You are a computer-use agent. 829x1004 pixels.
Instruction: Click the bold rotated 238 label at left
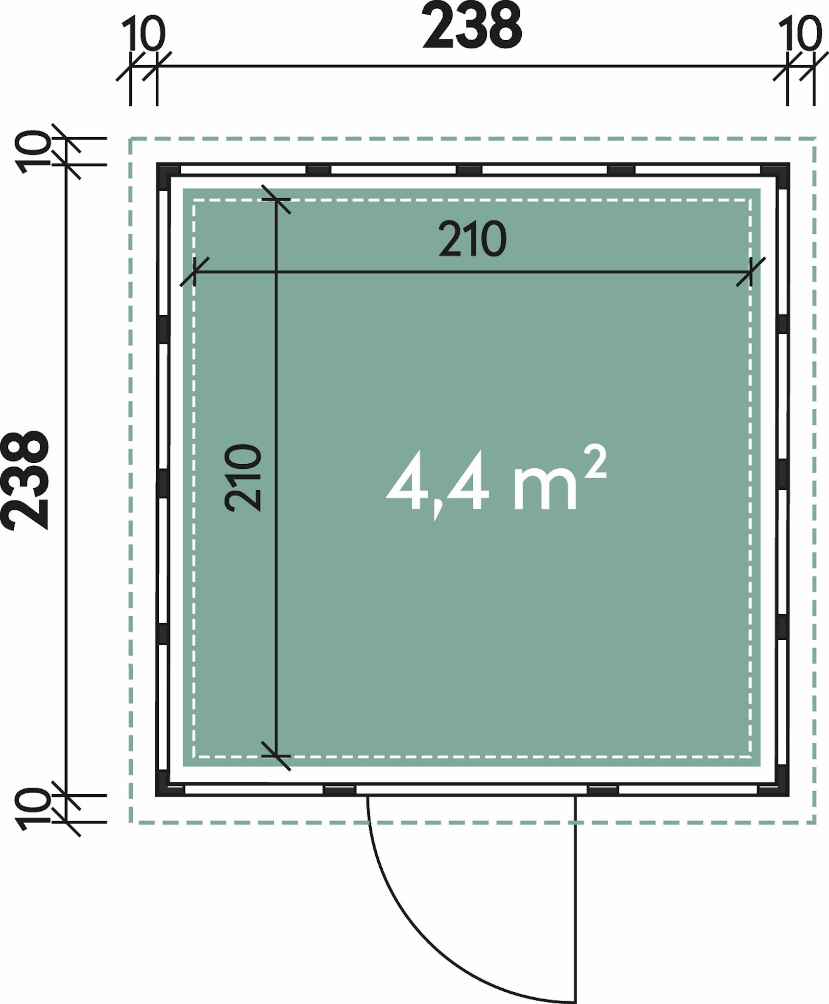click(x=25, y=480)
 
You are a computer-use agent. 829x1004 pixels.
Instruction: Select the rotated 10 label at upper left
click(x=33, y=151)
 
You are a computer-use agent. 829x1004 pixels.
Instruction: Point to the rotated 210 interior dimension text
click(x=243, y=478)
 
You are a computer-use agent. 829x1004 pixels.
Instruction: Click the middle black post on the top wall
click(x=469, y=170)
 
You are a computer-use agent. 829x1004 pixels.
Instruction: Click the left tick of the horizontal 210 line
click(x=195, y=271)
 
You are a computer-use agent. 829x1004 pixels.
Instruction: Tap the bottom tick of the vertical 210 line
click(x=276, y=756)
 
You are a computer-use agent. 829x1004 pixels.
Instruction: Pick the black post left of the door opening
click(x=340, y=790)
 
